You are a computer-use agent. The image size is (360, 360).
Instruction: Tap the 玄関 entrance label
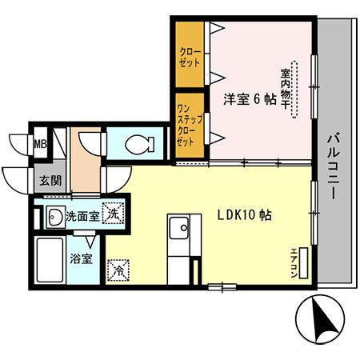40,180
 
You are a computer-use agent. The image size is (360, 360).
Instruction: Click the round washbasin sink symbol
55,215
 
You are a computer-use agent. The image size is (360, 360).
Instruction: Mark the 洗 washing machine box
114,214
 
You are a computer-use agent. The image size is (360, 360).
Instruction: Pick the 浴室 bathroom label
80,258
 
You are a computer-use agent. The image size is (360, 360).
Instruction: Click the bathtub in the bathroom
50,259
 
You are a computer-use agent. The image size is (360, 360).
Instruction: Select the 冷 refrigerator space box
117,270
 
